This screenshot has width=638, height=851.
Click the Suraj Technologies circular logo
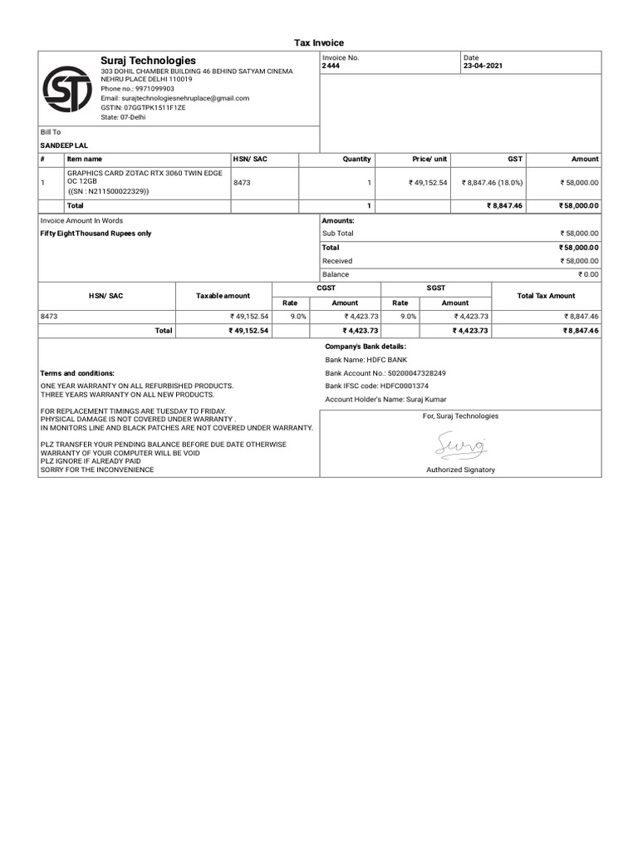point(67,89)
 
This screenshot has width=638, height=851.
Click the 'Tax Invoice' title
point(319,42)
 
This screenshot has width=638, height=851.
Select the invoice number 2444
point(331,66)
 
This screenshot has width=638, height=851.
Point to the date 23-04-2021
point(483,66)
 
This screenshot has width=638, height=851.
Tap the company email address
point(174,98)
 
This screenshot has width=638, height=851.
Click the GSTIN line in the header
point(143,108)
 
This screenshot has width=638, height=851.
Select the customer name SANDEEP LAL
point(64,145)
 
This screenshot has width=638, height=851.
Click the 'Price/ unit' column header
point(429,159)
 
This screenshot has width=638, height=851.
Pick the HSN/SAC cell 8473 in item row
point(242,182)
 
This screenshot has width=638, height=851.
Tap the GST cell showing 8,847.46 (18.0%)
point(491,182)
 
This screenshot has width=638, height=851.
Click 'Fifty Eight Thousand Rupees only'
point(96,234)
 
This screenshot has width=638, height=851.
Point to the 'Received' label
point(337,261)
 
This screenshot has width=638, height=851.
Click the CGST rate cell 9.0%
point(297,317)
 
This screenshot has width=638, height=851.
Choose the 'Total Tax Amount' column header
point(546,296)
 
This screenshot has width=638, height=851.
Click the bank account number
point(385,374)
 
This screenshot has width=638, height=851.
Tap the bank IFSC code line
point(376,386)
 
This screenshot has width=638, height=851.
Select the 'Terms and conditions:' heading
point(77,374)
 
